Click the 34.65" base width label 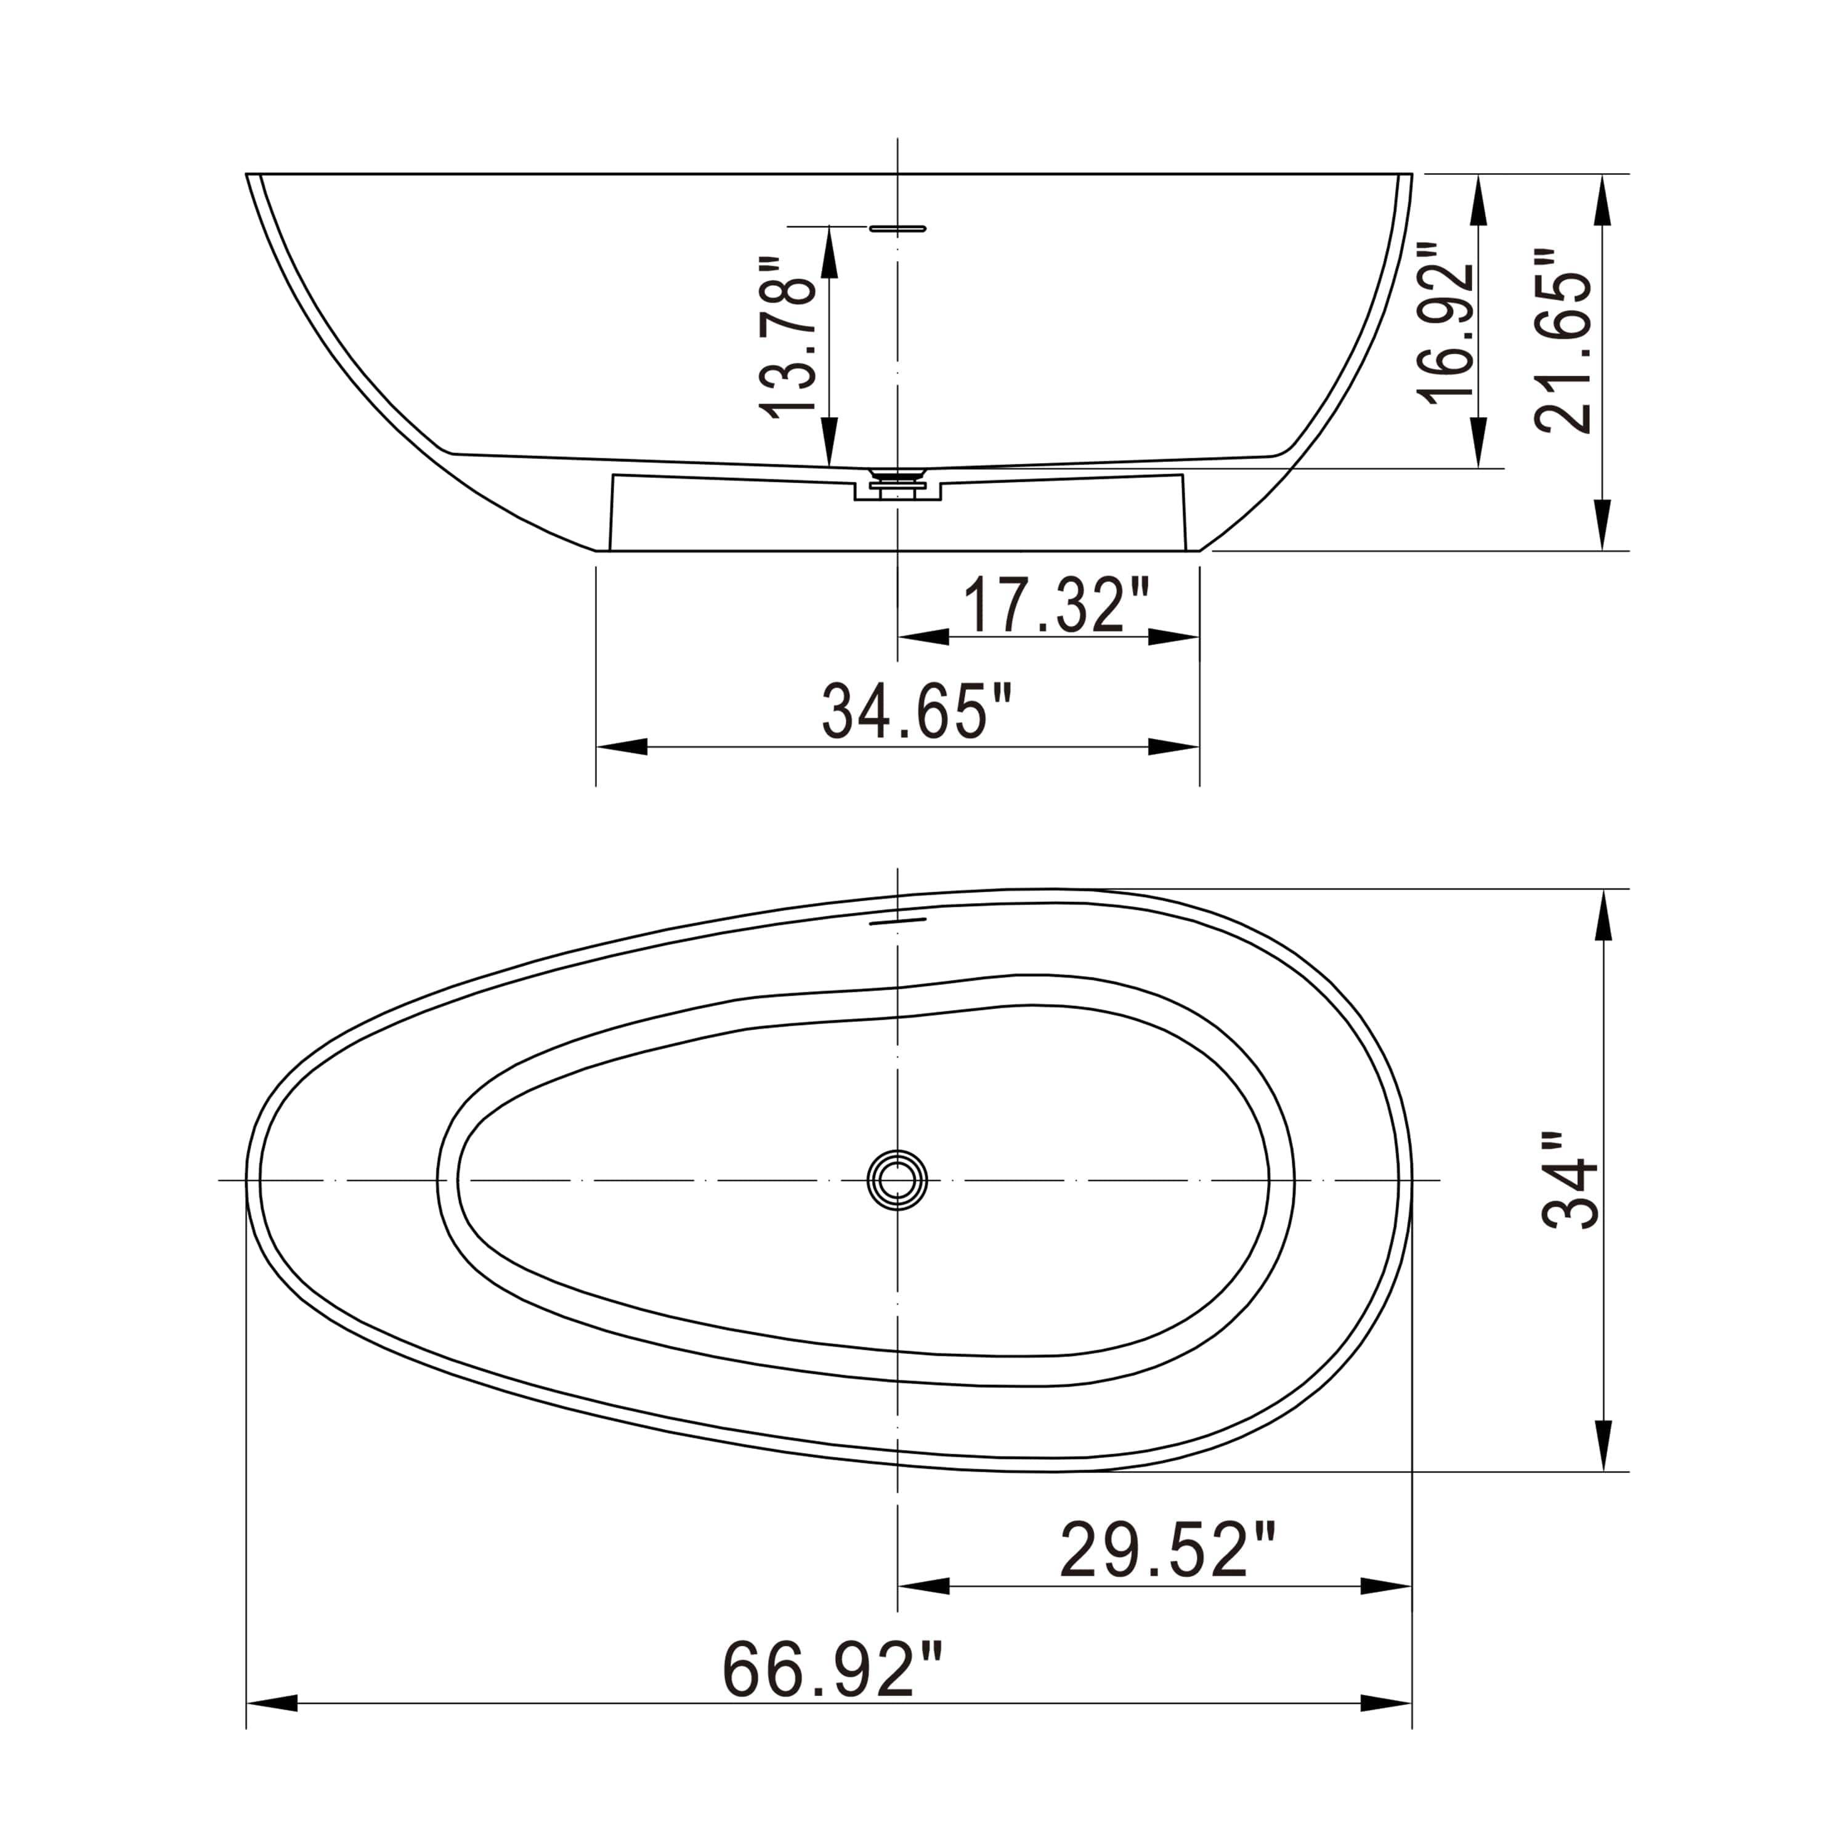[x=917, y=711]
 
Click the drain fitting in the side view [x=898, y=482]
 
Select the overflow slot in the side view [x=898, y=229]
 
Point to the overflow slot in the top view [x=898, y=921]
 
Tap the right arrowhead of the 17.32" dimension [x=1175, y=637]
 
